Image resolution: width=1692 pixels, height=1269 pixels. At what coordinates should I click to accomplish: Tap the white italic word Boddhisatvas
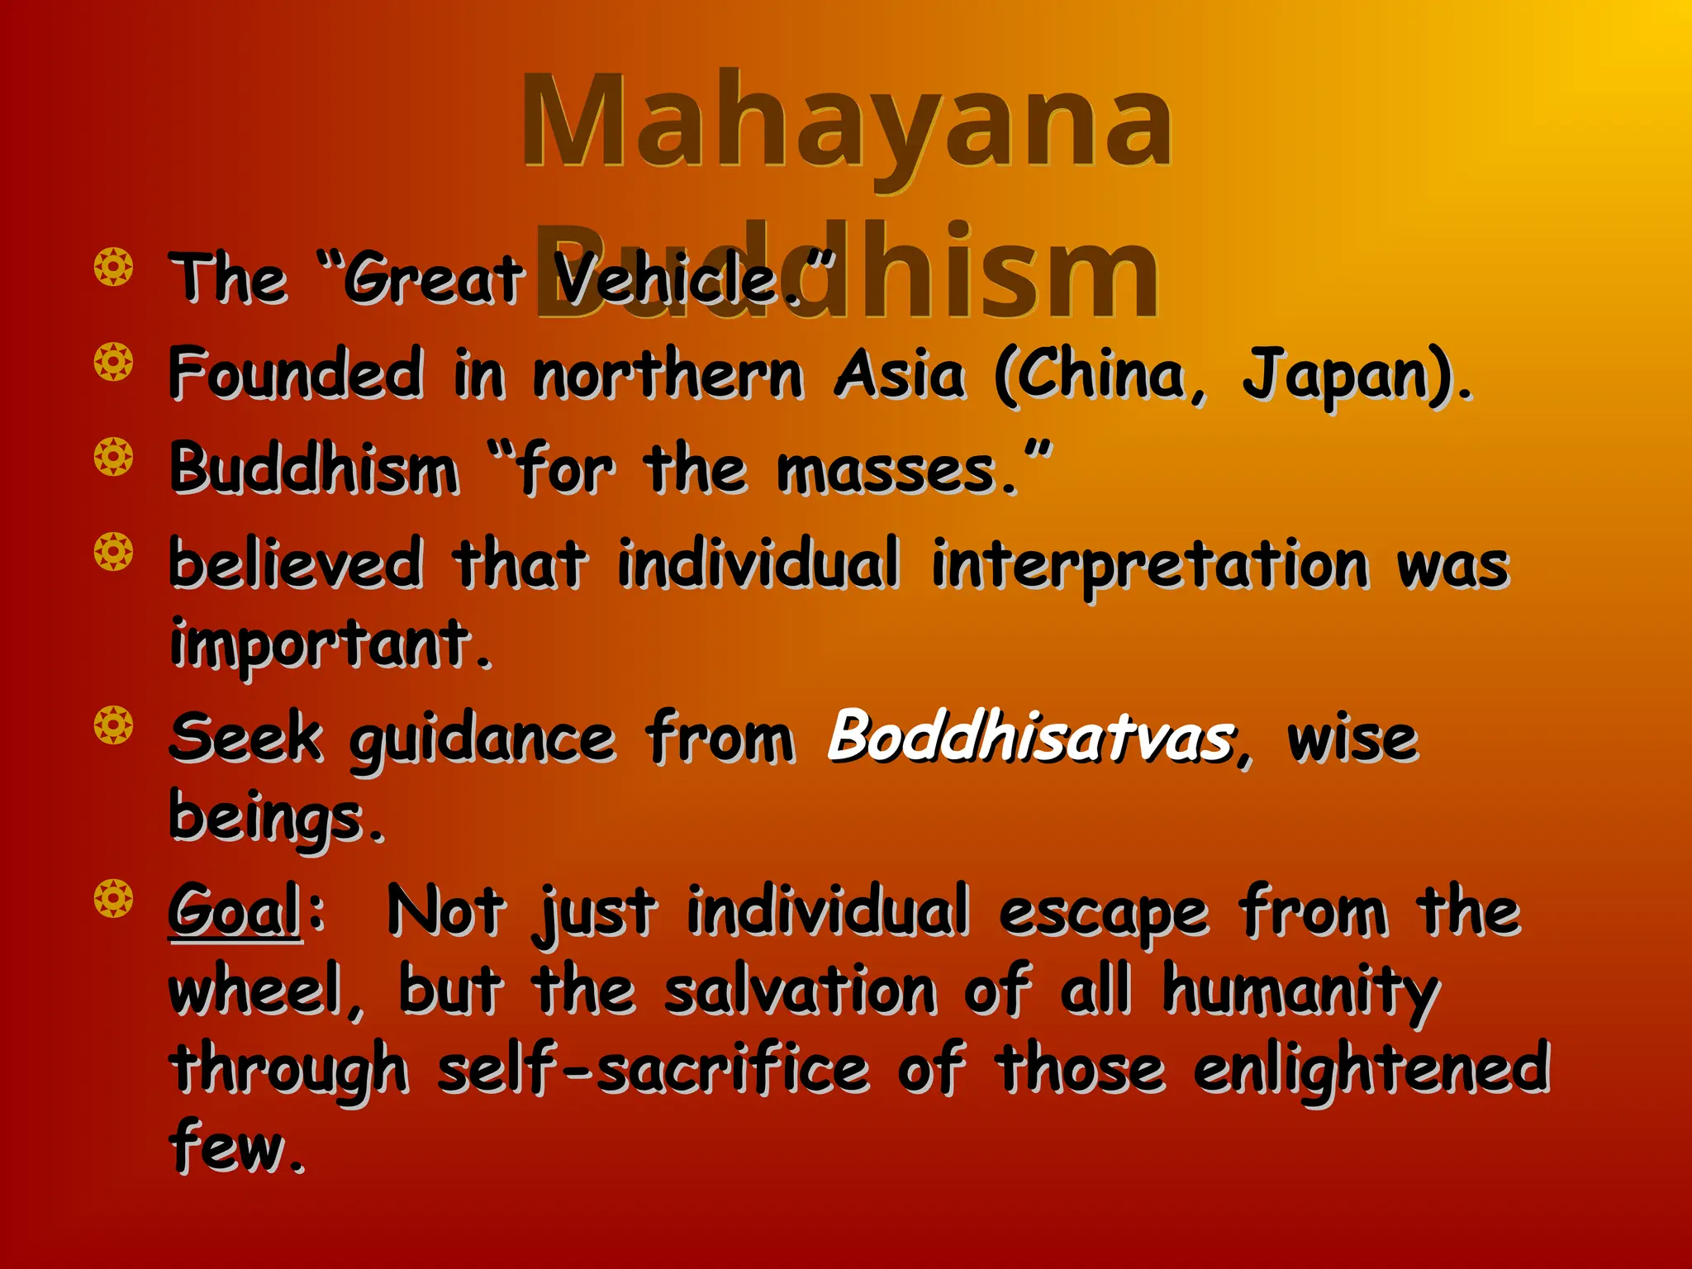(1031, 735)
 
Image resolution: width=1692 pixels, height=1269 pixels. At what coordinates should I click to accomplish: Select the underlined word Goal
(235, 910)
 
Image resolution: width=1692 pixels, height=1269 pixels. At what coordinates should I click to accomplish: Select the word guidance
(482, 739)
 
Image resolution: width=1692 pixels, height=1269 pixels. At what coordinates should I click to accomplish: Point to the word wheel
(256, 990)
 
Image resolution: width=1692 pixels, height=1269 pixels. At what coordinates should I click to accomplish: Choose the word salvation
(800, 990)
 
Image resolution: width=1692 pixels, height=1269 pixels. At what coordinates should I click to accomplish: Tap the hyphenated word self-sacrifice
(653, 1068)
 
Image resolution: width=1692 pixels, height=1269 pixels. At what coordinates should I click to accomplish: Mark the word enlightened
(1371, 1068)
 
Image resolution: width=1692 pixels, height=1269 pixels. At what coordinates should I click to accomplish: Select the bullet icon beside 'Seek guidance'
(113, 725)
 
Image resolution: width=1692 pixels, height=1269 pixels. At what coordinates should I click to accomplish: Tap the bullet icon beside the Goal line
(113, 899)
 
